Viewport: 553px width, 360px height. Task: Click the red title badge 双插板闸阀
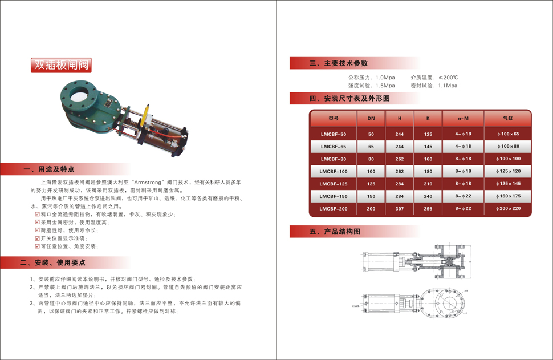[x=61, y=65]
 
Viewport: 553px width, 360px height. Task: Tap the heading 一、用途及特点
[x=48, y=169]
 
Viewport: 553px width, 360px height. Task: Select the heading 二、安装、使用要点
[x=52, y=263]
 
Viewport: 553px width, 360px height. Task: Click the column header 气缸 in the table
[x=508, y=119]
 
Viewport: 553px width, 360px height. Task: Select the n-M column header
[x=463, y=119]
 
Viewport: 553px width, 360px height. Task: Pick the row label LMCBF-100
[x=333, y=171]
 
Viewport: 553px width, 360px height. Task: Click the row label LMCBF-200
[x=333, y=209]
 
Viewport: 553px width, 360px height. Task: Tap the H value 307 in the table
[x=400, y=209]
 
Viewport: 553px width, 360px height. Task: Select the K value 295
[x=428, y=209]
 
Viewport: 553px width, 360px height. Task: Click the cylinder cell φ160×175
[x=509, y=196]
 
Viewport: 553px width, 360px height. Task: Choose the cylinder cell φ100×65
[x=509, y=134]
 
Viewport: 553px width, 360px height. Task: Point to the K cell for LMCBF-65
[x=428, y=147]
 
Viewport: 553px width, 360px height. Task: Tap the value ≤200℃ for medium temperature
[x=448, y=77]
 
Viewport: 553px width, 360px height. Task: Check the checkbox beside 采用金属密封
[x=38, y=223]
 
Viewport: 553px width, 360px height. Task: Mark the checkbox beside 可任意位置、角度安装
[x=38, y=246]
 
